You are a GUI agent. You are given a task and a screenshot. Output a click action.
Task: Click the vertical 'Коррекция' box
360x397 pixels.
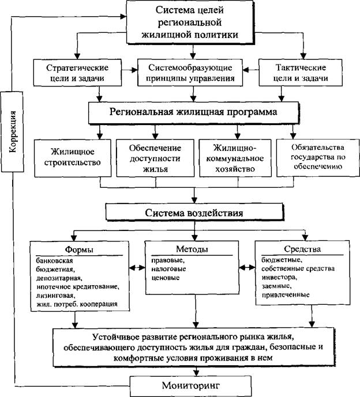pyautogui.click(x=12, y=131)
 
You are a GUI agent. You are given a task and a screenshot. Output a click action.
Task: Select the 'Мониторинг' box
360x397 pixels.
pyautogui.click(x=190, y=386)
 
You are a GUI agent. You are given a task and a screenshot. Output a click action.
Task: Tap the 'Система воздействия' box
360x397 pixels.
pyautogui.click(x=194, y=212)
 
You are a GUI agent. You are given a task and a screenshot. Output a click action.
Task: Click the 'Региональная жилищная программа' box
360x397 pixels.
pyautogui.click(x=193, y=113)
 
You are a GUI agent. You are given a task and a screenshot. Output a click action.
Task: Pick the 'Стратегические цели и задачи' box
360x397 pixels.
pyautogui.click(x=77, y=73)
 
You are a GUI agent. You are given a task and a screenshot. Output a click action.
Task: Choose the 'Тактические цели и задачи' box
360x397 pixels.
pyautogui.click(x=301, y=73)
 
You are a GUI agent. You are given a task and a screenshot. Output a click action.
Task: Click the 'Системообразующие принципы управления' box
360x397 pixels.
pyautogui.click(x=190, y=73)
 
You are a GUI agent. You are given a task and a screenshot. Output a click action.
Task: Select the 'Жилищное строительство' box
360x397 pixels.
pyautogui.click(x=73, y=158)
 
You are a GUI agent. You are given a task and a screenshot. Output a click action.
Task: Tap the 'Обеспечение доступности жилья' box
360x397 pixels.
pyautogui.click(x=155, y=158)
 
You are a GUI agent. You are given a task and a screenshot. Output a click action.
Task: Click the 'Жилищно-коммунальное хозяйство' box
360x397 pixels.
pyautogui.click(x=235, y=158)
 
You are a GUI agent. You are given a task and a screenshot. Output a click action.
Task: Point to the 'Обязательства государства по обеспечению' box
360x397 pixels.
pyautogui.click(x=318, y=157)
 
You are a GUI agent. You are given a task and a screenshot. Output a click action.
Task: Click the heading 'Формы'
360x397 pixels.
pyautogui.click(x=79, y=249)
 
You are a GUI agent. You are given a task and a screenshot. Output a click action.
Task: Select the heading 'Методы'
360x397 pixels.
pyautogui.click(x=192, y=249)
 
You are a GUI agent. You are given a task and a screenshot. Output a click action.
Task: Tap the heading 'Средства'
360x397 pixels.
pyautogui.click(x=302, y=249)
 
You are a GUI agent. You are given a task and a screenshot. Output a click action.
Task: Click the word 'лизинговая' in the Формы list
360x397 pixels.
pyautogui.click(x=55, y=295)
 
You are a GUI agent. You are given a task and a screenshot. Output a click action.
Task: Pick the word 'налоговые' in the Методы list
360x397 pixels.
pyautogui.click(x=168, y=269)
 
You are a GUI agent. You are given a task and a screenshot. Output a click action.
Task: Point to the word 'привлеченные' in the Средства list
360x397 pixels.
pyautogui.click(x=286, y=295)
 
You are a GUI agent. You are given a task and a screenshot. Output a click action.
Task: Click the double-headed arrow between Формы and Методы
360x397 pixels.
pyautogui.click(x=137, y=267)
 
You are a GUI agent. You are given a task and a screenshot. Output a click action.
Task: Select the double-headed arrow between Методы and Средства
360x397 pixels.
pyautogui.click(x=247, y=267)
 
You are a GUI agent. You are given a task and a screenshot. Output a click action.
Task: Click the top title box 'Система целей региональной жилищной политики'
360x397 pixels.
pyautogui.click(x=190, y=22)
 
